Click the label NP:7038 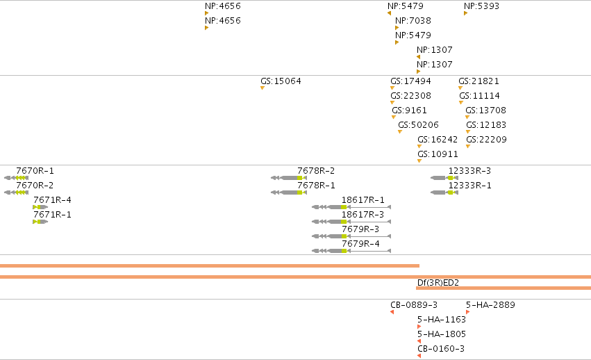click(x=413, y=20)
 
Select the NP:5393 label click(x=481, y=6)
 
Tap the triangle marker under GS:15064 click(x=263, y=88)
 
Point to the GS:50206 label click(x=418, y=125)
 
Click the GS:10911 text click(x=438, y=154)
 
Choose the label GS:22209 click(x=486, y=139)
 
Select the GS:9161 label click(x=409, y=111)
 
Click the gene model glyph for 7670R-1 click(x=16, y=178)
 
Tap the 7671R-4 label click(x=52, y=200)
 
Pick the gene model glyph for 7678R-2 click(x=289, y=178)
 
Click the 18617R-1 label click(x=363, y=200)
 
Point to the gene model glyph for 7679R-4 click(x=351, y=251)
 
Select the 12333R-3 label click(x=469, y=171)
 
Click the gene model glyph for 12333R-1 click(x=444, y=193)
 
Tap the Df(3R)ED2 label click(x=438, y=283)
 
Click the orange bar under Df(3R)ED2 click(x=503, y=288)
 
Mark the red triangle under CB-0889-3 click(x=392, y=312)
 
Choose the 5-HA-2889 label click(x=490, y=305)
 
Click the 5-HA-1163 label click(x=442, y=320)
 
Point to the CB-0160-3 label click(x=441, y=349)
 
